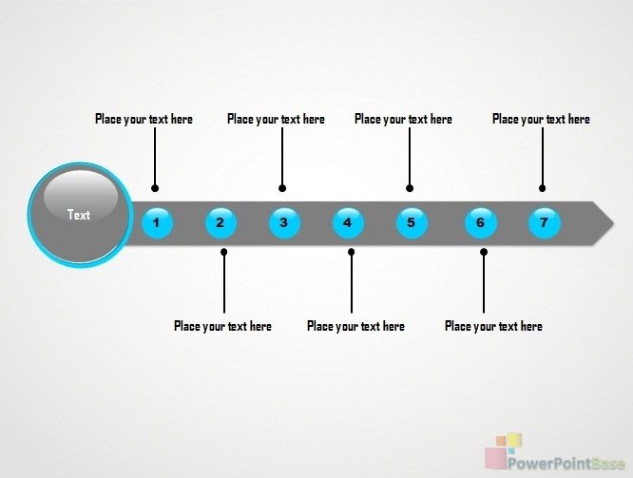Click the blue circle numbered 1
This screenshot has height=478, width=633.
[157, 223]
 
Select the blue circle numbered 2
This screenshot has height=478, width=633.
[221, 223]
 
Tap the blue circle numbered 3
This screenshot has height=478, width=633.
[284, 223]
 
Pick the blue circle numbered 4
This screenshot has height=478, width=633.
[348, 223]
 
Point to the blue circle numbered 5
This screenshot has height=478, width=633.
[412, 223]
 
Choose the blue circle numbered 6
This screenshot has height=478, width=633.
[481, 223]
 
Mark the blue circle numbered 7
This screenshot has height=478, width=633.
[545, 223]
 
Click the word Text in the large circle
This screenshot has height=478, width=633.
[79, 215]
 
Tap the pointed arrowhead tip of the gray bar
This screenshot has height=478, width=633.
[614, 223]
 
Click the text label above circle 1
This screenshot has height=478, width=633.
[144, 119]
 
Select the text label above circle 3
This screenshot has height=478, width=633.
[276, 119]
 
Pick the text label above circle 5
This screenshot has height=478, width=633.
[403, 119]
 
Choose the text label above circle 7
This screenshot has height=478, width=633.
[541, 119]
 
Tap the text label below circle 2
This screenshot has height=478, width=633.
[222, 326]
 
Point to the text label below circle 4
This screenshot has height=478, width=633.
[355, 326]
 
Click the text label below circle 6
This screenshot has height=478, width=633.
[493, 326]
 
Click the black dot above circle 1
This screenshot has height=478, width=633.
[155, 188]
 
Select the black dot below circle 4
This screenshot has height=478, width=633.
[352, 252]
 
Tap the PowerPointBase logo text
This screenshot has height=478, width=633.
[566, 464]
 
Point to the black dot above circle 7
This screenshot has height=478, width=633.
[542, 188]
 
